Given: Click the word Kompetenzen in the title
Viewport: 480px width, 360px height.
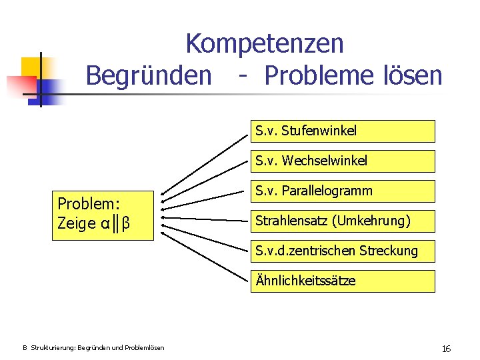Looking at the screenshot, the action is (x=264, y=44).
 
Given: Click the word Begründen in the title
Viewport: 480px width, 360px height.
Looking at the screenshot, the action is (x=147, y=75).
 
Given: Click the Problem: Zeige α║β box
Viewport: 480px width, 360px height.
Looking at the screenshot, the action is (x=103, y=213).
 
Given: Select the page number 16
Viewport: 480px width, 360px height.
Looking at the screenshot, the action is (x=446, y=349).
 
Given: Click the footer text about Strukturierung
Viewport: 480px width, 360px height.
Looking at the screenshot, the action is (x=93, y=348).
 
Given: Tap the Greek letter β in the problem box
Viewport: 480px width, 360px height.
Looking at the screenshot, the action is (x=125, y=224).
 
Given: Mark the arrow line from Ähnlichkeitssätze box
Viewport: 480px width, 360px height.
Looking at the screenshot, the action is (x=207, y=253).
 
